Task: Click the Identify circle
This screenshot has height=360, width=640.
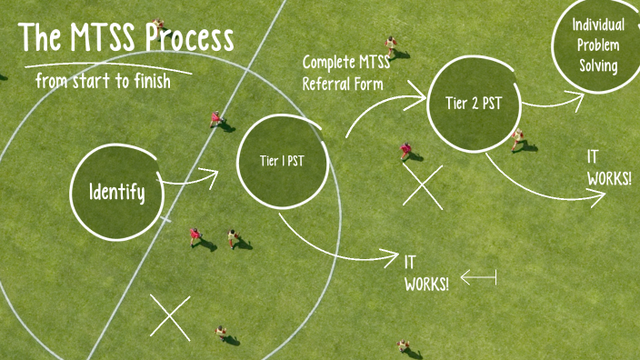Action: coord(116,191)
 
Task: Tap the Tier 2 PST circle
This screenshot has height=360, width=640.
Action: coord(474,103)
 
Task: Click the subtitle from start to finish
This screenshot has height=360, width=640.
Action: coord(103,80)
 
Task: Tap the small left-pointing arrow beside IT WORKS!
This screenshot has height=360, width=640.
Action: coord(478,276)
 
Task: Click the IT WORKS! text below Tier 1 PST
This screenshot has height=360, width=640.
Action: coord(425,273)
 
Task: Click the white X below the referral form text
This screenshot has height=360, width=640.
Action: coord(423,187)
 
